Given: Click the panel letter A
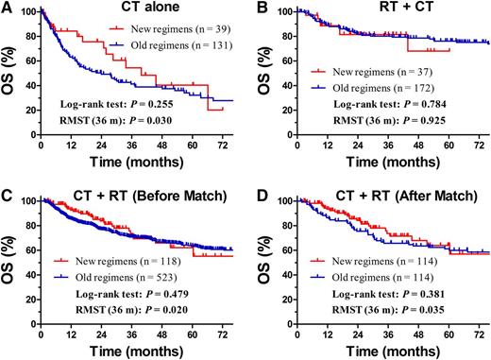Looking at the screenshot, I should click(x=8, y=9).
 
